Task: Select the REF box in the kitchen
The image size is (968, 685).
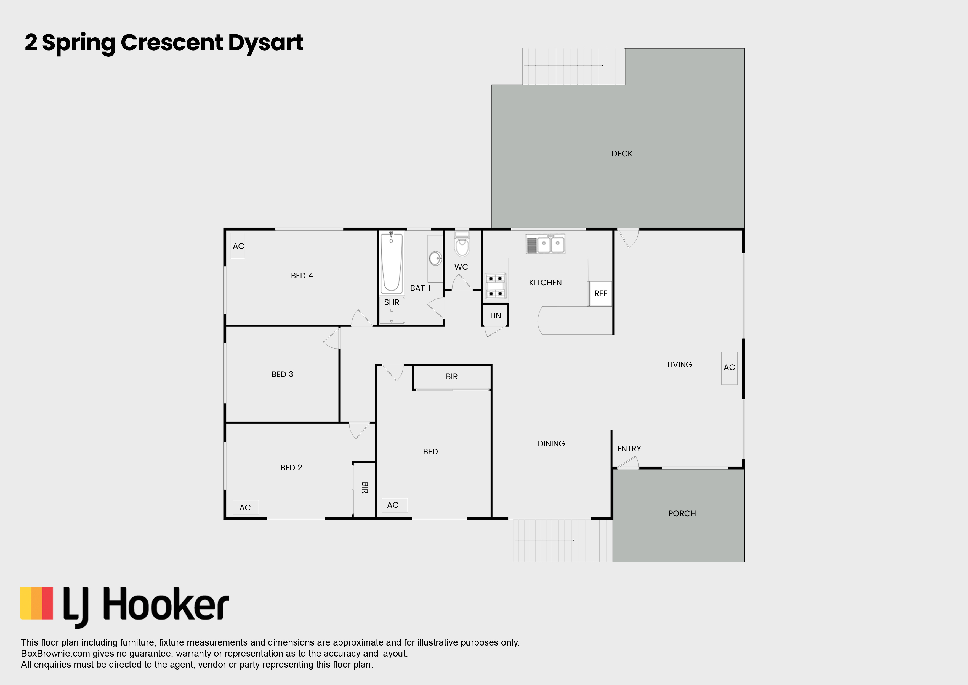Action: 600,293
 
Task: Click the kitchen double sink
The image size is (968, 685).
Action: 545,244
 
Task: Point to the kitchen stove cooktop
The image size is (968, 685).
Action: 495,286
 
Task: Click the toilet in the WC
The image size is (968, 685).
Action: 462,245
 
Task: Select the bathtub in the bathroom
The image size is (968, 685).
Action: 391,262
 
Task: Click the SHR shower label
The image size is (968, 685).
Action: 392,302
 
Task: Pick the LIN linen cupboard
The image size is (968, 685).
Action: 495,316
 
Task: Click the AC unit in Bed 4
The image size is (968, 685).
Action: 238,246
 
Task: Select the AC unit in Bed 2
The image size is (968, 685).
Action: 245,507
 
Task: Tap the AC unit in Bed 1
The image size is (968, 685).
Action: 393,505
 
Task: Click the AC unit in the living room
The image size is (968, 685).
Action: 729,368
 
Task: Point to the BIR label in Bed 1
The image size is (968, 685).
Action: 451,376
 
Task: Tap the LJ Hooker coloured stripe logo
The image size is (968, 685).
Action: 37,603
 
